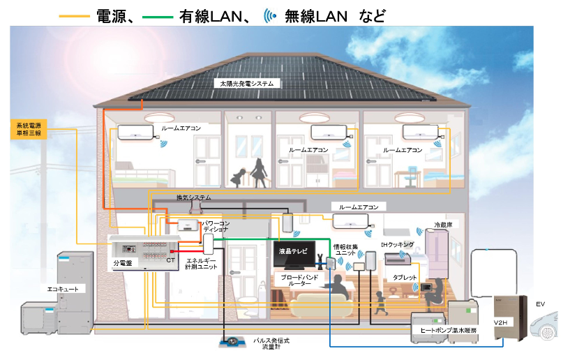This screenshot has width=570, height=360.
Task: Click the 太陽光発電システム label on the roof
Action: coord(246,83)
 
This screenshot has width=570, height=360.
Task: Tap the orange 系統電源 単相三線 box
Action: coord(29,129)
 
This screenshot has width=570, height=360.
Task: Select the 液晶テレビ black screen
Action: coord(294,254)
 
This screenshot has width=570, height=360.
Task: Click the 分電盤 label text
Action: coord(123,263)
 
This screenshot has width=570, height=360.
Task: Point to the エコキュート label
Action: coord(63,289)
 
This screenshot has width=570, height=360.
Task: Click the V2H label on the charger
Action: coord(500,322)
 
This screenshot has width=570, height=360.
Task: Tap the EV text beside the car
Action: coord(540,304)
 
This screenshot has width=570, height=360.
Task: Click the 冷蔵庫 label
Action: coord(443,225)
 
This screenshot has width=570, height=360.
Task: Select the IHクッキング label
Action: coord(398,245)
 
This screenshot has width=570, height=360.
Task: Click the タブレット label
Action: coord(405,278)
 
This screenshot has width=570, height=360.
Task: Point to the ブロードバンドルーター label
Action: coord(299,280)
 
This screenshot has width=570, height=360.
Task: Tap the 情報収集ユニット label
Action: coord(345,250)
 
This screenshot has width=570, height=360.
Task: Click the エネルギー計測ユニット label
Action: coord(201,264)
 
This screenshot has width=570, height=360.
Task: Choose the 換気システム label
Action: coord(193,197)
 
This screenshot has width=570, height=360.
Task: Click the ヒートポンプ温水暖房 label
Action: coord(448,330)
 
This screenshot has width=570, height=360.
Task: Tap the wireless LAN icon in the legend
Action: coord(270,16)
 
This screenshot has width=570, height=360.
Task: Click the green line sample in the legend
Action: coord(157,17)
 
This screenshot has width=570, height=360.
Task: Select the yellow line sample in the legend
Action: coord(74,16)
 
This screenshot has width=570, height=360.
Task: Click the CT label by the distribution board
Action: coord(170,260)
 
